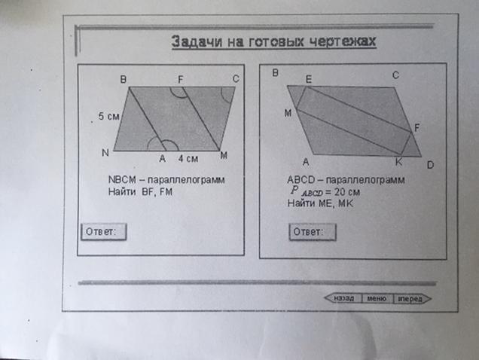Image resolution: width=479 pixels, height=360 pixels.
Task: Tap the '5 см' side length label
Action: click(x=109, y=117)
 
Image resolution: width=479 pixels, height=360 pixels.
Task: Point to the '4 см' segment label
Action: click(x=188, y=159)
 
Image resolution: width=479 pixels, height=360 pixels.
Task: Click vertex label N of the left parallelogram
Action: click(x=105, y=153)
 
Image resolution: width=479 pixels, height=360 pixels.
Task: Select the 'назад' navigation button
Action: click(x=343, y=298)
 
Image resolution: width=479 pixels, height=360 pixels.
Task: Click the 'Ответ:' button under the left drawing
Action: click(x=102, y=231)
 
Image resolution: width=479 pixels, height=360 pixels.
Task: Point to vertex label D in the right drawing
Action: click(x=429, y=164)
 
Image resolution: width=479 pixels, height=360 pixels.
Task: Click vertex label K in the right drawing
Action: click(x=399, y=161)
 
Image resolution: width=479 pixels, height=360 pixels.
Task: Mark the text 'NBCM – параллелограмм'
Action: click(x=166, y=181)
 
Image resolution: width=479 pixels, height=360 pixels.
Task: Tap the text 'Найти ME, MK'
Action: click(x=320, y=203)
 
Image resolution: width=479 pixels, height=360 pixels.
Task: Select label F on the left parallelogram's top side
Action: click(x=180, y=78)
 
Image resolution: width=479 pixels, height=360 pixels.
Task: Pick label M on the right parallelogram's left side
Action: click(x=288, y=112)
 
